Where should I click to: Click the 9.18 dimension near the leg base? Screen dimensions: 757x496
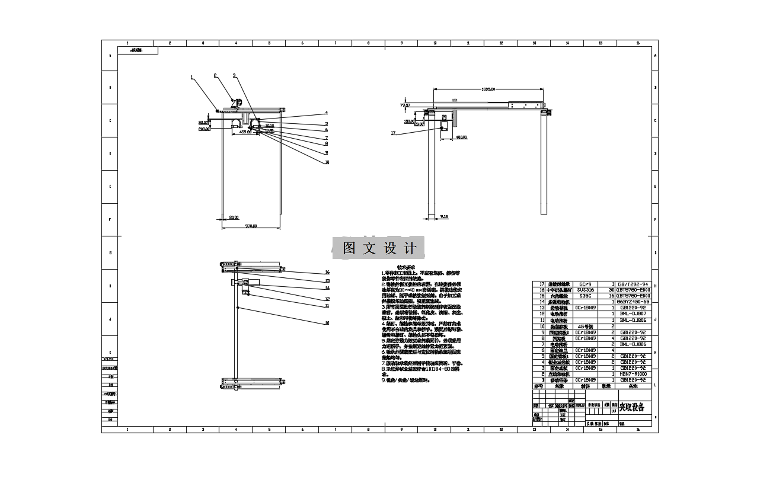[x=444, y=217]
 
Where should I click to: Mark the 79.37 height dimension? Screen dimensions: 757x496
[x=405, y=105]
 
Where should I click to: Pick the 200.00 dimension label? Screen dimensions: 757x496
[x=205, y=129]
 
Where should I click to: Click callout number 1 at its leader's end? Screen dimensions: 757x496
[x=192, y=77]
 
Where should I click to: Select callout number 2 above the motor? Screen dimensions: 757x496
[x=215, y=75]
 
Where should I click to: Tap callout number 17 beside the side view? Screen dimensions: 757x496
[x=393, y=133]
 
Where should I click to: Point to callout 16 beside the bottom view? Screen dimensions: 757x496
[x=327, y=273]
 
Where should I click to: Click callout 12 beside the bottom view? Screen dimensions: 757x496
[x=327, y=299]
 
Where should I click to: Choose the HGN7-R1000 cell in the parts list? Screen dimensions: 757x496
[x=634, y=375]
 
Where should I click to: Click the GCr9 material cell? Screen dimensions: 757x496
[x=584, y=284]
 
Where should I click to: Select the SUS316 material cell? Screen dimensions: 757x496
[x=584, y=290]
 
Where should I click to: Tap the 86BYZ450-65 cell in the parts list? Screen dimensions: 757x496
[x=634, y=302]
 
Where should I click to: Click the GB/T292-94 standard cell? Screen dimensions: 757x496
[x=634, y=284]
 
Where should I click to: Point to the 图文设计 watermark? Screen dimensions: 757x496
[x=379, y=248]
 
